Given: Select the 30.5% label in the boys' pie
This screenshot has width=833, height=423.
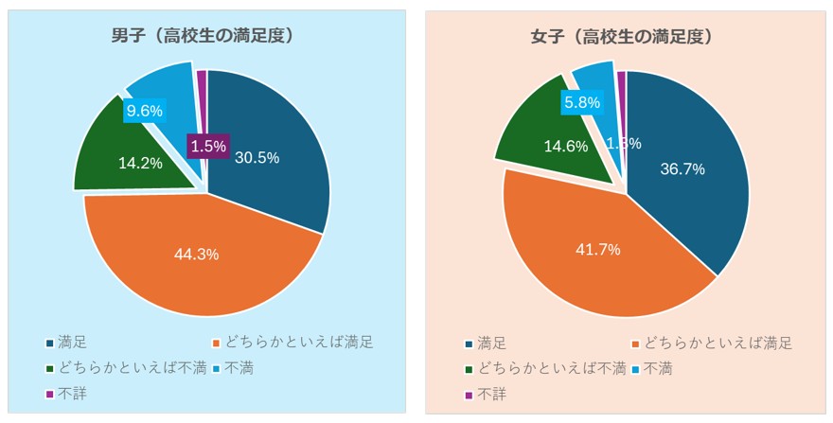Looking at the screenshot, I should pyautogui.click(x=257, y=158).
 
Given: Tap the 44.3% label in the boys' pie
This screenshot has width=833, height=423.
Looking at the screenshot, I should pyautogui.click(x=197, y=254).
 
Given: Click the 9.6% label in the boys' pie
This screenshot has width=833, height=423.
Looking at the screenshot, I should pyautogui.click(x=145, y=111).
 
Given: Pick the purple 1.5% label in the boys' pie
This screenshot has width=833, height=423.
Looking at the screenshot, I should pyautogui.click(x=207, y=146).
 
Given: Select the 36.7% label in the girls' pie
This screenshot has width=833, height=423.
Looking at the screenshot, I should pyautogui.click(x=682, y=168).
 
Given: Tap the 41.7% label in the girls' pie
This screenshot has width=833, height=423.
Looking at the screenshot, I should pyautogui.click(x=598, y=250).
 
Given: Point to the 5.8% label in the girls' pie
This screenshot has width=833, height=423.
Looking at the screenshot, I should pyautogui.click(x=582, y=101).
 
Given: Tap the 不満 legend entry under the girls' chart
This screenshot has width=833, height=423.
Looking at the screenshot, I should pyautogui.click(x=658, y=368).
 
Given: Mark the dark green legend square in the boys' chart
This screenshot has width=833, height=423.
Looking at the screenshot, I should pyautogui.click(x=48, y=367).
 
